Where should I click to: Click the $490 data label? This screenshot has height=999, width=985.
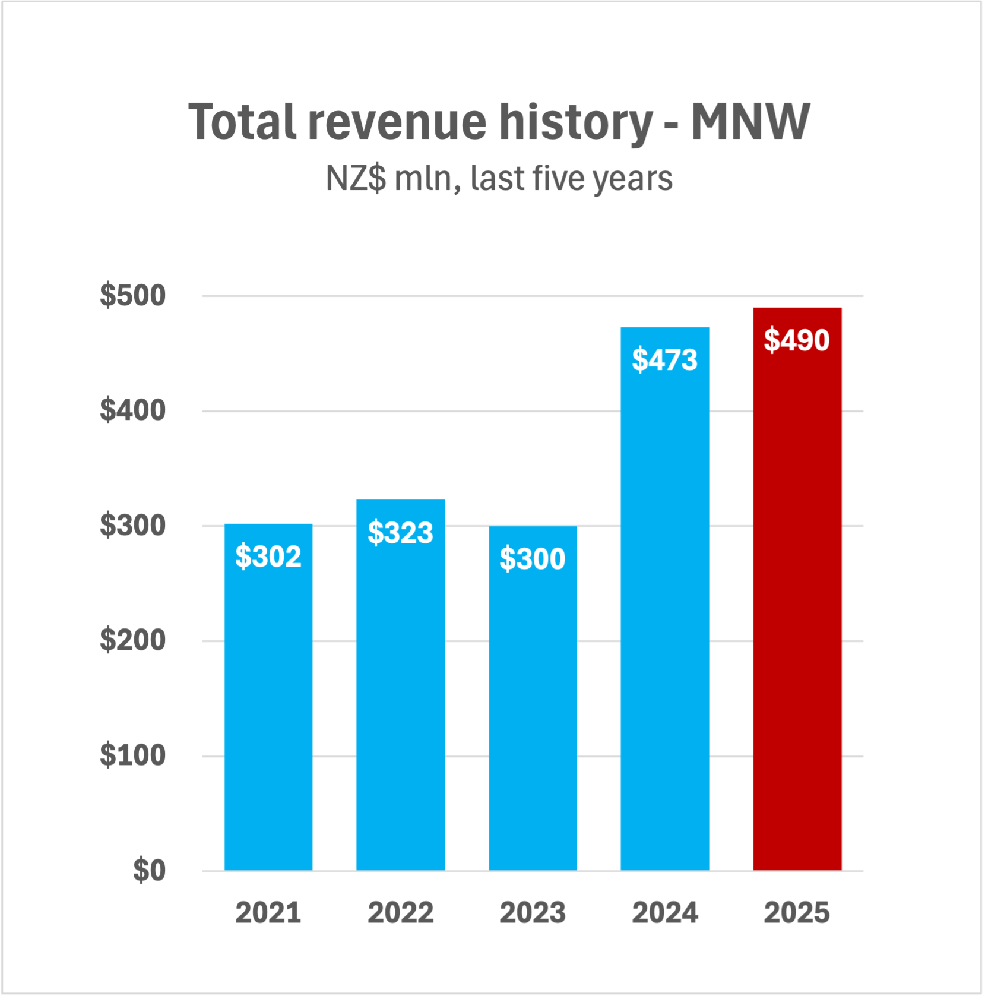pyautogui.click(x=796, y=340)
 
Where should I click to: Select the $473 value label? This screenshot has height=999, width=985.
pyautogui.click(x=664, y=360)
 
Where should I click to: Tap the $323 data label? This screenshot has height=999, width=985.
pyautogui.click(x=400, y=532)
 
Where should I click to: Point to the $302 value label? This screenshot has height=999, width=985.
pyautogui.click(x=268, y=557)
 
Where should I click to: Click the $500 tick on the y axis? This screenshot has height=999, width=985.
pyautogui.click(x=132, y=295)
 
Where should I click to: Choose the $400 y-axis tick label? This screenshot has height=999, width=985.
pyautogui.click(x=132, y=410)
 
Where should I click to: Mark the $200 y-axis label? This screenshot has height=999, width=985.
pyautogui.click(x=132, y=640)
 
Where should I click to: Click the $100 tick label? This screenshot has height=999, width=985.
pyautogui.click(x=132, y=755)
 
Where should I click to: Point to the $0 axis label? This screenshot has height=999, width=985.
pyautogui.click(x=149, y=871)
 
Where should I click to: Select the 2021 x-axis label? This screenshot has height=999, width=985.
pyautogui.click(x=268, y=913)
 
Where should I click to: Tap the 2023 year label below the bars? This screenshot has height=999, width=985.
pyautogui.click(x=533, y=913)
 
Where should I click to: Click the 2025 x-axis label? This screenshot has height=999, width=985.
pyautogui.click(x=796, y=913)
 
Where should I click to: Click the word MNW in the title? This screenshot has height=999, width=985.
pyautogui.click(x=750, y=122)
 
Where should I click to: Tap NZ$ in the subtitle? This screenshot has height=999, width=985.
pyautogui.click(x=356, y=178)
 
